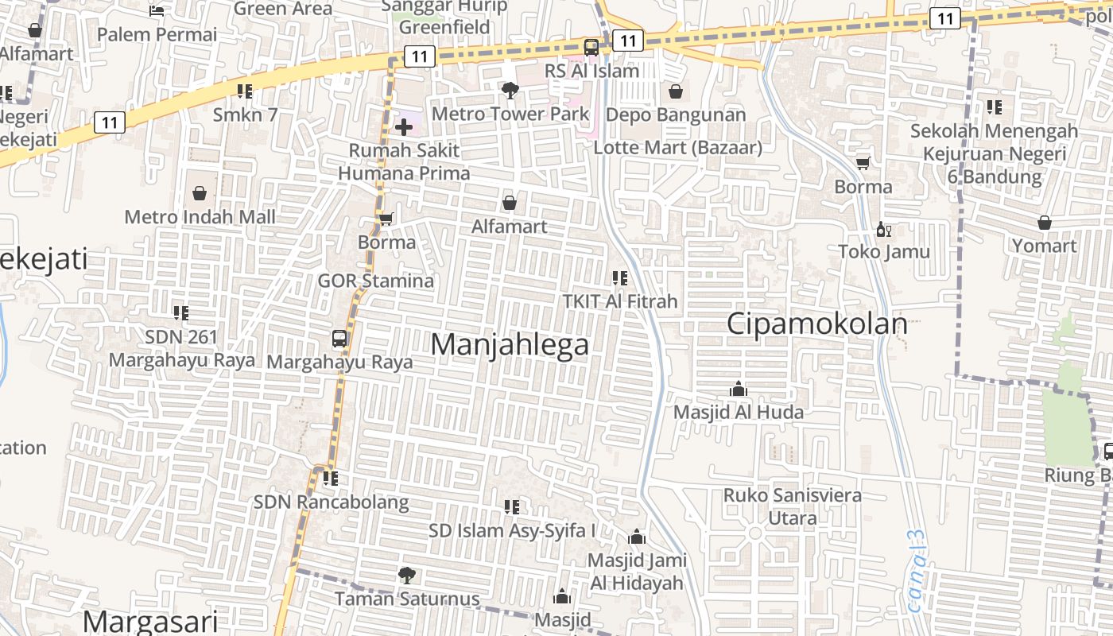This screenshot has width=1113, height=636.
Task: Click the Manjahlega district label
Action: click(510, 344)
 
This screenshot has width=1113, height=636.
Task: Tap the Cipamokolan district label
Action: click(817, 324)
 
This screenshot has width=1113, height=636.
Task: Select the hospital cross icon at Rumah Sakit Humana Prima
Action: click(403, 126)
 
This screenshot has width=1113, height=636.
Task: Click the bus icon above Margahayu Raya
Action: click(339, 339)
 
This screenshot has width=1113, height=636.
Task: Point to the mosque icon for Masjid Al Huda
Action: click(739, 389)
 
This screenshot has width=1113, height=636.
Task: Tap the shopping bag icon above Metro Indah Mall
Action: click(200, 193)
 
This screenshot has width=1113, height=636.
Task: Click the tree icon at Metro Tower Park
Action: click(510, 91)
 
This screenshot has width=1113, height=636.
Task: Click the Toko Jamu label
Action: click(884, 252)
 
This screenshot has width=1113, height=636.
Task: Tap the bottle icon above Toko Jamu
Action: click(883, 230)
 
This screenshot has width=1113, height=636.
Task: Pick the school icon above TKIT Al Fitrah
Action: click(619, 278)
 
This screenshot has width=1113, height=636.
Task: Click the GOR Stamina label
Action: click(376, 281)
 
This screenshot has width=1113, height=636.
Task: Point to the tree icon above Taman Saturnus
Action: click(406, 575)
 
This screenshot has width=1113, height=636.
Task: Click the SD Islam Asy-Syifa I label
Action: click(512, 530)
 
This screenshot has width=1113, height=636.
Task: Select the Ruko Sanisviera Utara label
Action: click(792, 506)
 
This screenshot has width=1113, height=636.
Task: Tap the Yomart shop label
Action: click(1044, 246)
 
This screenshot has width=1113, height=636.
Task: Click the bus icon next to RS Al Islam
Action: click(591, 47)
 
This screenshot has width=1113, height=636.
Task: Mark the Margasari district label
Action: click(150, 620)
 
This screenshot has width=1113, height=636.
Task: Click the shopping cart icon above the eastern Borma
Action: click(863, 164)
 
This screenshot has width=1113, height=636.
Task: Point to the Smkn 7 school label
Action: click(245, 114)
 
